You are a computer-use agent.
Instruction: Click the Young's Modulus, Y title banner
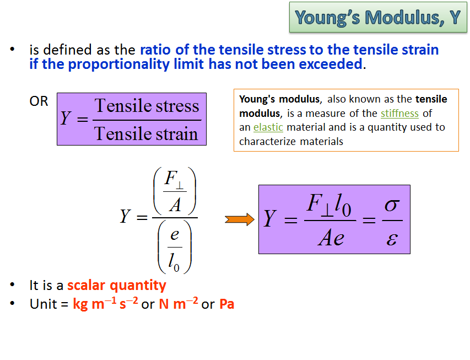point(377,18)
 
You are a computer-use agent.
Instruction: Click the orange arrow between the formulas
point(240,220)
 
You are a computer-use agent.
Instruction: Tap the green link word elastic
point(268,127)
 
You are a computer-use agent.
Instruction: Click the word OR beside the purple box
point(39,101)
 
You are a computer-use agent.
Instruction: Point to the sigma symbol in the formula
point(391,205)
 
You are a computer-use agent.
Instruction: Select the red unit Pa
point(226,304)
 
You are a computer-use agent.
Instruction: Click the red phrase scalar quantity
point(116,285)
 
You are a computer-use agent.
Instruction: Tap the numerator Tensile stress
point(147,105)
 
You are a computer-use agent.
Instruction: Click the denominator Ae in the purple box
point(331,238)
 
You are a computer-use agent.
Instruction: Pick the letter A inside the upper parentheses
point(175,205)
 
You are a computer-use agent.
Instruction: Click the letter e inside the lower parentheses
point(175,235)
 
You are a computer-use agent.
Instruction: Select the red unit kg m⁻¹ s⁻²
point(105,304)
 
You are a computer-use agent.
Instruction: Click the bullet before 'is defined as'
point(12,50)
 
